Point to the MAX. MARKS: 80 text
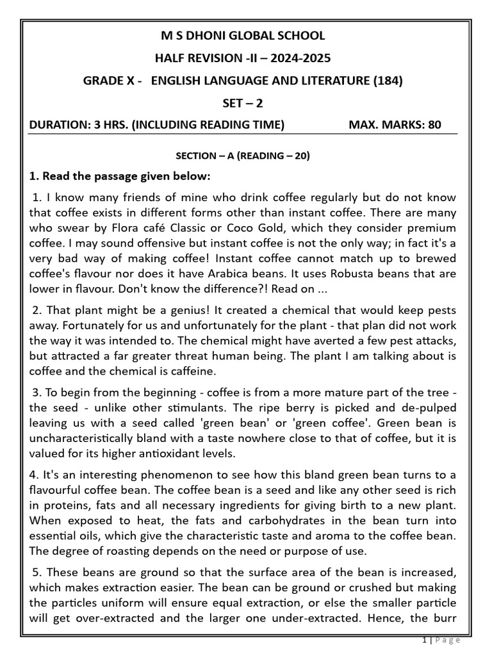pyautogui.click(x=395, y=124)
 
